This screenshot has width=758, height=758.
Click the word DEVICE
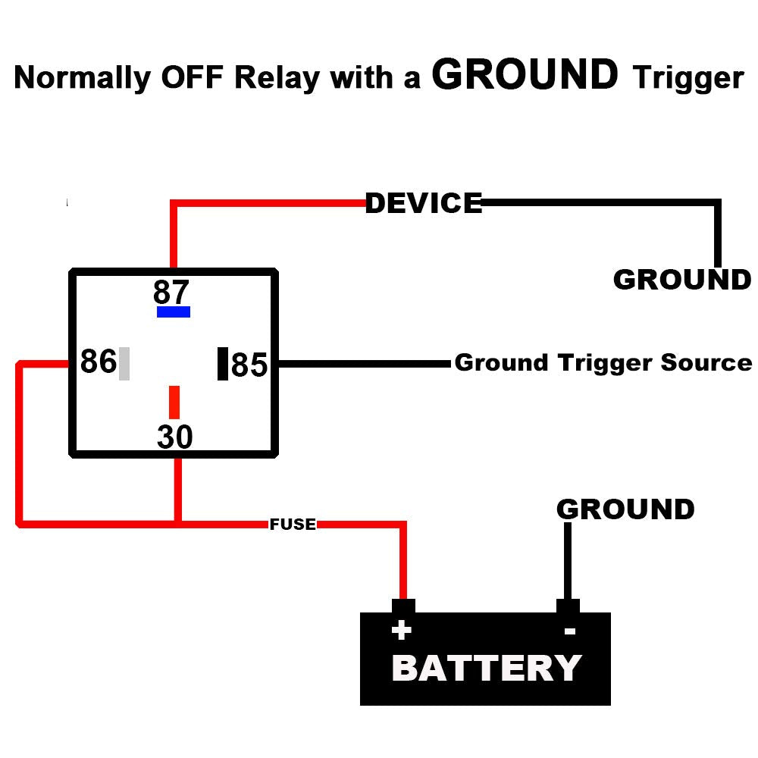pos(423,203)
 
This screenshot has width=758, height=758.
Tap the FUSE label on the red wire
pos(293,524)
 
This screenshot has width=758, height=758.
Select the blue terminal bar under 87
pos(173,312)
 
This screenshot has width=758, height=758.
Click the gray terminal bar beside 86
pos(124,363)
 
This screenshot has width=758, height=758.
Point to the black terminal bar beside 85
pos(223,364)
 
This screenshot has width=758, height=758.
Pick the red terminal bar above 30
pos(174,402)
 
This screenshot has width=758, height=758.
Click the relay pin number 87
pos(171,292)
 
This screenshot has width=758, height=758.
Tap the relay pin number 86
pos(98,362)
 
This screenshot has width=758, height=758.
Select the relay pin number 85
pos(249,365)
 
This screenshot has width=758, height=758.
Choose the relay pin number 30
pos(175,437)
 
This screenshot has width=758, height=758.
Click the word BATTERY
pos(486,669)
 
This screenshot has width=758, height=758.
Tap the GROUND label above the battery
pos(625,509)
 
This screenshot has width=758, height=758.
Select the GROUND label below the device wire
pos(681,280)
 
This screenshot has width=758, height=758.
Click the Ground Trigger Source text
pos(603,362)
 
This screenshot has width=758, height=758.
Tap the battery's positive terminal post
pos(403,606)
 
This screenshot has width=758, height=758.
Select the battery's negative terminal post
pos(568,606)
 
